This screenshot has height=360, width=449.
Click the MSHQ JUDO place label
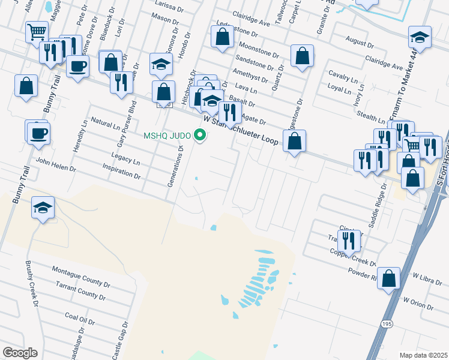[167, 135]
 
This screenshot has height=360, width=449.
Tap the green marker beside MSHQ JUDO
[200, 135]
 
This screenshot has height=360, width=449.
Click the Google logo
[20, 353]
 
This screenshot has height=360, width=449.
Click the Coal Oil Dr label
[79, 318]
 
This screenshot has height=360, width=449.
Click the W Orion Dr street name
[418, 304]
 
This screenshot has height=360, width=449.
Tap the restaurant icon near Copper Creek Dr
[349, 241]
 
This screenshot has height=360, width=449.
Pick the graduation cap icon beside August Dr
[420, 38]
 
